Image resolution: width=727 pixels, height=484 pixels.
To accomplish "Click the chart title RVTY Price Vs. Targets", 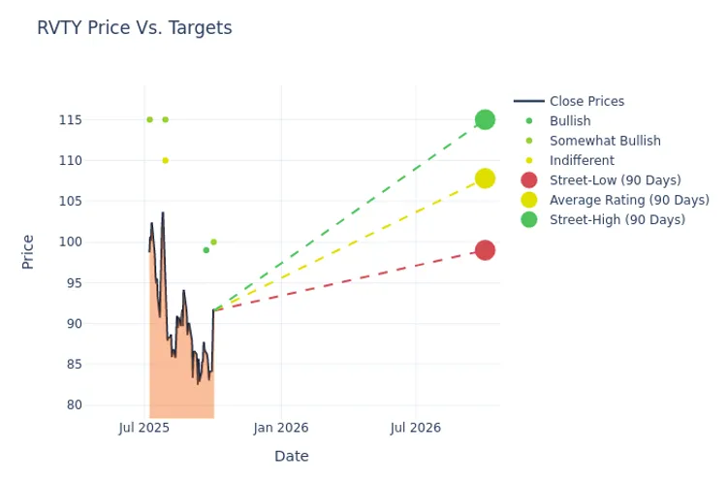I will [134, 28].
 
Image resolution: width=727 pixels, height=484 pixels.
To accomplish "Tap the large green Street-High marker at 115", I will [485, 119].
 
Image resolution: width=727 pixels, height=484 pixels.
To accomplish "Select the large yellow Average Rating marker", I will [485, 178].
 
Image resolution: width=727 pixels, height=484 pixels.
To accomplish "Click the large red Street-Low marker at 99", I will [485, 250].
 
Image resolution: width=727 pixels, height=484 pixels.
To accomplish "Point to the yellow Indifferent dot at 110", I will [165, 160].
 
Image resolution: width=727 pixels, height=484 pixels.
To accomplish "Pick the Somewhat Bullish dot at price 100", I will [213, 242].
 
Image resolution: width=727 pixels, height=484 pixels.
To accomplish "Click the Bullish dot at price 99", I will [205, 250].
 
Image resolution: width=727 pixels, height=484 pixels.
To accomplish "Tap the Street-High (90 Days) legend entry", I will [616, 220].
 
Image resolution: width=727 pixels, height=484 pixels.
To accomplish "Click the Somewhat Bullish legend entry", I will [605, 141].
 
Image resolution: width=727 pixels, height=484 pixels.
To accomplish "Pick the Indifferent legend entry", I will [582, 160].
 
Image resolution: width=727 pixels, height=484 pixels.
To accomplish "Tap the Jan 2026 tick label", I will [281, 427].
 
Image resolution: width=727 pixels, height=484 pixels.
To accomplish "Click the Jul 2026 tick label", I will [415, 427].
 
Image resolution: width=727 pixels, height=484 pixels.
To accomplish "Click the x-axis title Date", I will [291, 456].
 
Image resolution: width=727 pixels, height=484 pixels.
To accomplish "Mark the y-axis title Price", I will [28, 251].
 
